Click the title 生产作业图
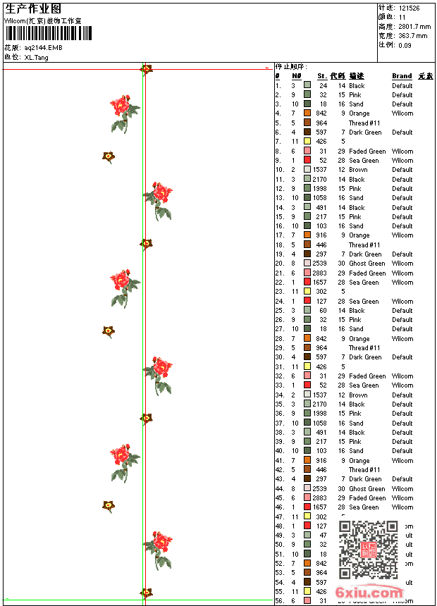(x=33, y=8)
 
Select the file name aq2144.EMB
(x=43, y=47)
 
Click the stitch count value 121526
(x=409, y=8)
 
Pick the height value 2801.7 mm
(x=413, y=26)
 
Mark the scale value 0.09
(x=405, y=44)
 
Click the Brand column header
(x=402, y=76)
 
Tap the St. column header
(x=321, y=76)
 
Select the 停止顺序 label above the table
(x=291, y=66)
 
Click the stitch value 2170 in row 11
(x=319, y=179)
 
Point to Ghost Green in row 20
(x=367, y=264)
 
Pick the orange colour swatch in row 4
(x=307, y=113)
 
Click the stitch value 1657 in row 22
(x=319, y=283)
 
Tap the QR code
(x=368, y=549)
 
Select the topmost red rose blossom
(x=123, y=107)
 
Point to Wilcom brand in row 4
(x=402, y=113)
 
